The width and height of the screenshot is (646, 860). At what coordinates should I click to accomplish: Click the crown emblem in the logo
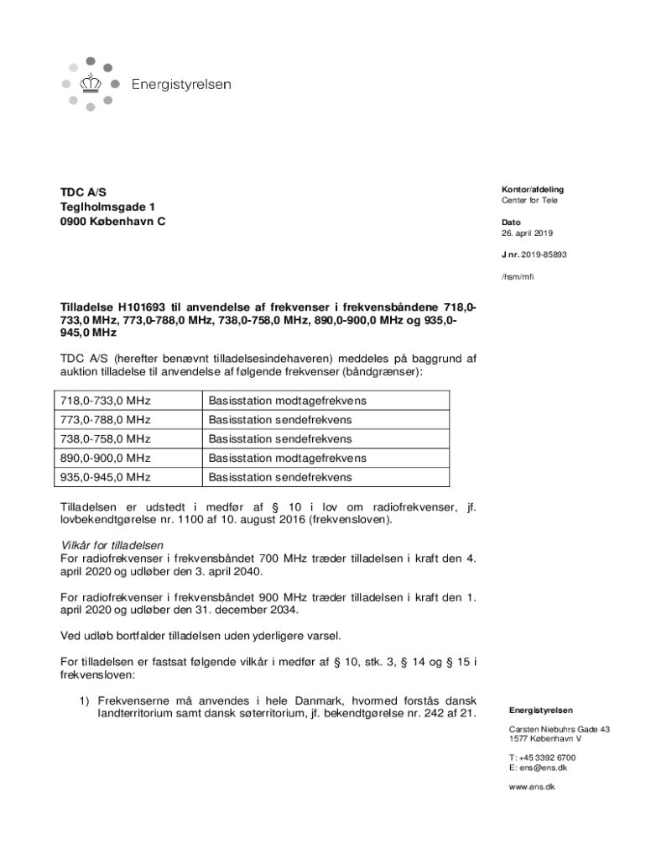click(x=91, y=84)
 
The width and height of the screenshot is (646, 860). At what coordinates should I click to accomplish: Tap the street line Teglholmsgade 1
click(x=107, y=207)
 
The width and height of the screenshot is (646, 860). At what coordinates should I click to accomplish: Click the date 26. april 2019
click(x=527, y=233)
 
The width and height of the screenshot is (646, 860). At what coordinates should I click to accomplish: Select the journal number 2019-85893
click(x=543, y=254)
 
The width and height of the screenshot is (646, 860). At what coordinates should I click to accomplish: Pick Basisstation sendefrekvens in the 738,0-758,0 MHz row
click(x=280, y=439)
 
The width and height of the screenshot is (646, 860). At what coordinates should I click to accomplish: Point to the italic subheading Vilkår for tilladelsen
click(x=112, y=545)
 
